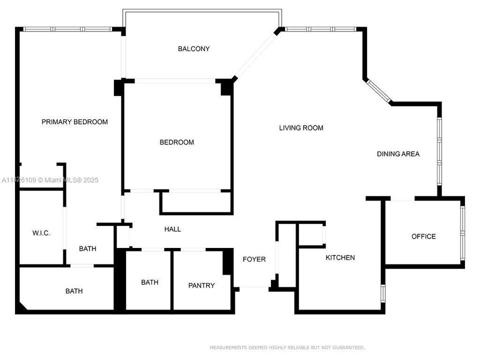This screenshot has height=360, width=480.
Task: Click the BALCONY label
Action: point(193,49)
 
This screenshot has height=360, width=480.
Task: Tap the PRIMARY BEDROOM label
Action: point(74,122)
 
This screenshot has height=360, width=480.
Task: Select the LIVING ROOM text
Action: point(301,128)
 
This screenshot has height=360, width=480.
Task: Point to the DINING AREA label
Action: point(398,154)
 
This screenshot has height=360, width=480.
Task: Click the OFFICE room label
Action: point(423,236)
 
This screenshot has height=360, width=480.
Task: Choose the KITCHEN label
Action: point(340,257)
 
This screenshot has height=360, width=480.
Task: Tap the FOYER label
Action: point(254,259)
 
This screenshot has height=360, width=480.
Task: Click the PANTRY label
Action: point(201,285)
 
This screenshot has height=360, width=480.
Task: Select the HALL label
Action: point(172,229)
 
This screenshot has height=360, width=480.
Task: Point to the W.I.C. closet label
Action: point(41,233)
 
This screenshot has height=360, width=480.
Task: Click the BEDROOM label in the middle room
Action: point(176,142)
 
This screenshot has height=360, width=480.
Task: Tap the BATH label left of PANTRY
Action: point(149,282)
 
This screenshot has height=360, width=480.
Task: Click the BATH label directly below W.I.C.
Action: point(74,291)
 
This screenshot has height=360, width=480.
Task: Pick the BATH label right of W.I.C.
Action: point(87,248)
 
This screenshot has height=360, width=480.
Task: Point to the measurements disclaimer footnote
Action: point(287,347)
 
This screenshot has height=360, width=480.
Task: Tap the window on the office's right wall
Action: point(462,232)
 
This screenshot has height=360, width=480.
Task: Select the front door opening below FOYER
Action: point(253,287)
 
